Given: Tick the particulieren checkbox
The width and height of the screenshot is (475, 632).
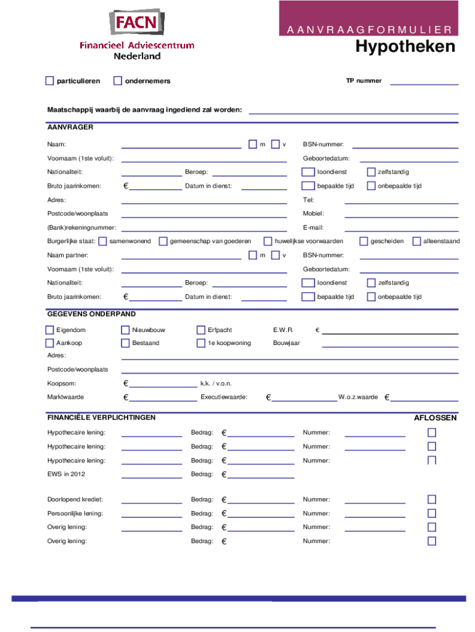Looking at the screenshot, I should tap(50, 81).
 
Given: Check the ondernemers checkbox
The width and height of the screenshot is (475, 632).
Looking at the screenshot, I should tap(118, 81).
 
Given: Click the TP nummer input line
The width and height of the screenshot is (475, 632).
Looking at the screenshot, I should tap(424, 83).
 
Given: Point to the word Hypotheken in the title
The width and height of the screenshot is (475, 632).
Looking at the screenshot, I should tap(405, 48).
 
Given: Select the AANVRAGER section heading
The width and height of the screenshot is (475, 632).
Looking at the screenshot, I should tap(70, 127).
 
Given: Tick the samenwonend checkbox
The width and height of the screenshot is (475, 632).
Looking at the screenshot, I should tap(102, 241).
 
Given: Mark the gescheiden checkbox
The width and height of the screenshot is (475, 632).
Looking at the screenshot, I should tap(363, 241).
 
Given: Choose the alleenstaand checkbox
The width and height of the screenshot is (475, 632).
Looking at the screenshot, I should tap(417, 241).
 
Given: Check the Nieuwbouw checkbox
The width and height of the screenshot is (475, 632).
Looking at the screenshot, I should tap(125, 330).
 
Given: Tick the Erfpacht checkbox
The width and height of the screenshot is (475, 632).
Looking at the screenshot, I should tap(201, 330).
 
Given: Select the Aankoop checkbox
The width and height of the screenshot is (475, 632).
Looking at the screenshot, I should tap(50, 343).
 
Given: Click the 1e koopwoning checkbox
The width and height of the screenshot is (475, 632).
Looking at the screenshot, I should tap(201, 343).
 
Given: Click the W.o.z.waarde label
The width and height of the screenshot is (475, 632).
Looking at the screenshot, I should tap(358, 397).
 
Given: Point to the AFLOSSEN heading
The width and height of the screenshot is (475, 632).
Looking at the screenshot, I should tap(435, 418).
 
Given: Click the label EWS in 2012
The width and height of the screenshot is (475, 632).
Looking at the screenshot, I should tap(66, 474).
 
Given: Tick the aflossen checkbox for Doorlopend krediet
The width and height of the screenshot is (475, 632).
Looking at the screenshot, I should tap(432, 499).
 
